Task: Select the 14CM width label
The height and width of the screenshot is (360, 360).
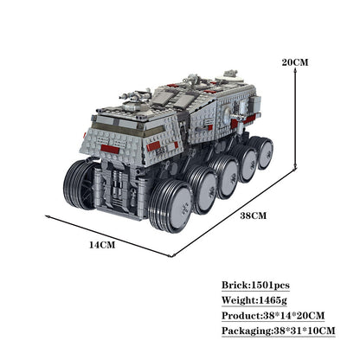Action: click(x=101, y=245)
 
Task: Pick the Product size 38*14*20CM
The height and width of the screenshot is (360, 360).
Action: click(x=293, y=315)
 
